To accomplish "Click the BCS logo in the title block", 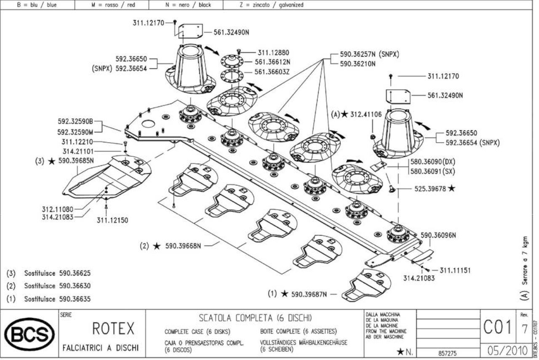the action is coord(29,334).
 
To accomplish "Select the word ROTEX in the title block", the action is coord(113,328).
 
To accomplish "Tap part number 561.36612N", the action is coord(272,62).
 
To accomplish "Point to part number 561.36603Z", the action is coord(272,72).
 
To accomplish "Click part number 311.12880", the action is coord(274,53).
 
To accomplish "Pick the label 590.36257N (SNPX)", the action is coord(369,54).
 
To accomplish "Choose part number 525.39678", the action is coord(430,189).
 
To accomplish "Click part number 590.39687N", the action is coord(309,294).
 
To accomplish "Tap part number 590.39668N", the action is coord(183,246).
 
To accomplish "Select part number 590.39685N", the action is coord(76,161).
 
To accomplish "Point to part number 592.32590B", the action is coord(75,121).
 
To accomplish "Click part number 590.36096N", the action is coord(438,235).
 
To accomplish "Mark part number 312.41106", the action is coord(366,114).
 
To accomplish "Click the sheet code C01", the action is coord(497,328).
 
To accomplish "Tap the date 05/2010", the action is coord(507,351).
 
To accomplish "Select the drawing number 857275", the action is coord(447,353).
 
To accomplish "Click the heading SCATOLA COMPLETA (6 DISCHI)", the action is coord(255,318).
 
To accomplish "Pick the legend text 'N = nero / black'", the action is coord(188,5).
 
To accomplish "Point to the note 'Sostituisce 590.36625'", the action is coord(57,273).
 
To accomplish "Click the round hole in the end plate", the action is coord(148,124).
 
